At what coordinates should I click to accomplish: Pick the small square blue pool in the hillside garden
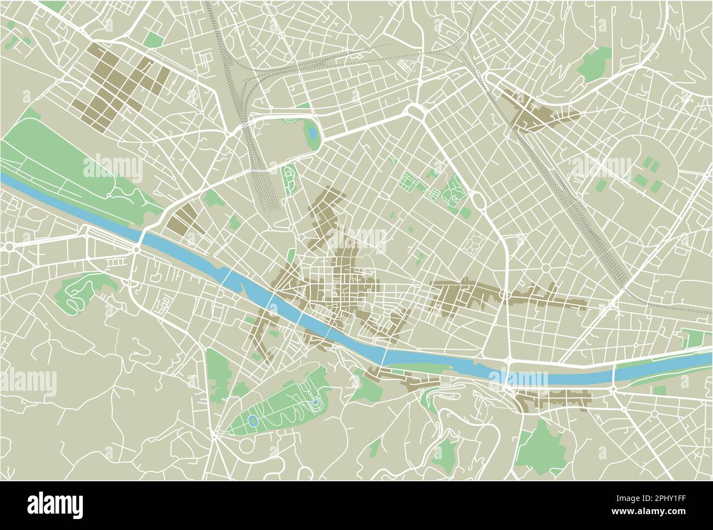point(315,403)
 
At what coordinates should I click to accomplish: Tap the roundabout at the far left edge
point(9,247)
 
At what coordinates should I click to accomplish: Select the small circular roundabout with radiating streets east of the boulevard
point(546,269)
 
